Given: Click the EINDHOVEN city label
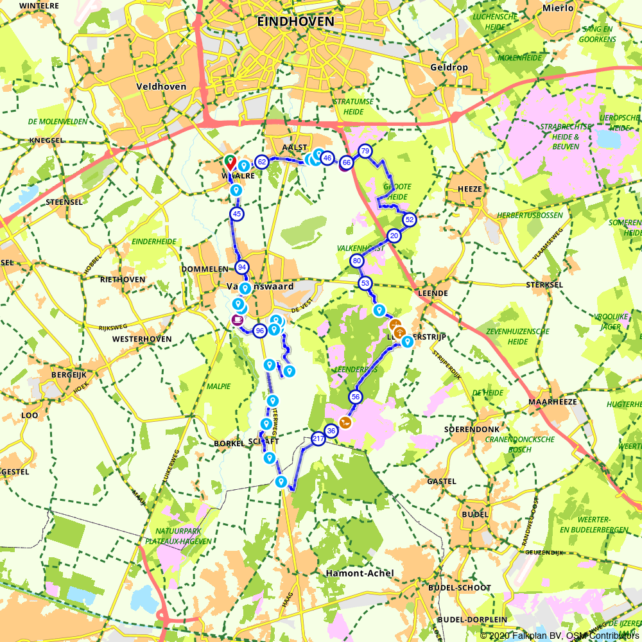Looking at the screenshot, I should tap(295, 21).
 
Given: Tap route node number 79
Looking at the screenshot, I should tap(365, 152).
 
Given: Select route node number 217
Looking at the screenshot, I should tap(318, 439).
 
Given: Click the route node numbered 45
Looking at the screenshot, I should tap(237, 214).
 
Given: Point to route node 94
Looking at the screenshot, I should tap(242, 267).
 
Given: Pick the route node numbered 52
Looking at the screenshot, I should tap(409, 220).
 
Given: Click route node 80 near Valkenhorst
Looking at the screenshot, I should tap(356, 261).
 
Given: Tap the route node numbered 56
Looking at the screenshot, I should tap(356, 397).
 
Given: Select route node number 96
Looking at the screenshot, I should tap(260, 331).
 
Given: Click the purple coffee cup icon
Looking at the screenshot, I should tap(238, 320).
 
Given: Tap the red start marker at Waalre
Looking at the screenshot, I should tap(230, 162).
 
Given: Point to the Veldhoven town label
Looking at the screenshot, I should tap(161, 86).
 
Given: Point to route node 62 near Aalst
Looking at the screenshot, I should tap(261, 162).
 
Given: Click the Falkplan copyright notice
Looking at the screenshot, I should tap(559, 636).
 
